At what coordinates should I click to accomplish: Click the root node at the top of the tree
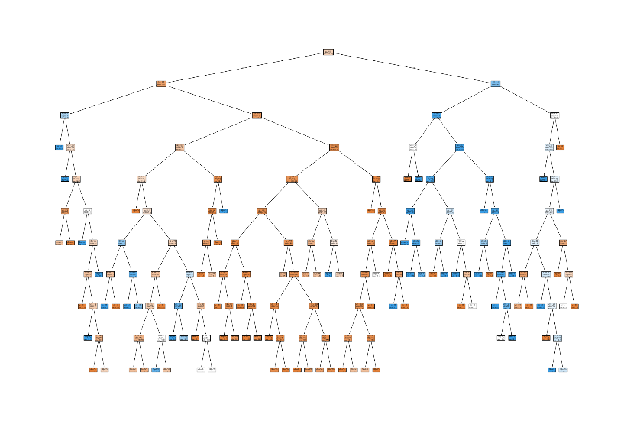point(328,52)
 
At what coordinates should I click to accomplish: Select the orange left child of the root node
point(161,83)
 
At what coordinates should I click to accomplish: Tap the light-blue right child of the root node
point(496,83)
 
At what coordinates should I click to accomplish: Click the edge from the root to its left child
point(244,68)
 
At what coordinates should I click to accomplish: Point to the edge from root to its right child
point(412,68)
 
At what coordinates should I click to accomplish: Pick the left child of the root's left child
point(65,115)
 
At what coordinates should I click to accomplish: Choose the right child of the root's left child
point(257,115)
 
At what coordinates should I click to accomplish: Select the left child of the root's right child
point(436,115)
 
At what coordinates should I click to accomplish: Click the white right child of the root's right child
point(554,115)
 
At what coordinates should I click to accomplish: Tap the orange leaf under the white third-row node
point(560,147)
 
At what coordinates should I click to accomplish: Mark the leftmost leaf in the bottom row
point(93,369)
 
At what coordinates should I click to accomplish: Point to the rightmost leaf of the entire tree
point(574,306)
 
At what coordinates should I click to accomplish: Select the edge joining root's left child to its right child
point(209,99)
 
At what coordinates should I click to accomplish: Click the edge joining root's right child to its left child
point(466,99)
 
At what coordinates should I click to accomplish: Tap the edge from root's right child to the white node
point(525,99)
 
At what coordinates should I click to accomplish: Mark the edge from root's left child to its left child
point(113,99)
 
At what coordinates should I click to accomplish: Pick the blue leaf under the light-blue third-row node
point(59,147)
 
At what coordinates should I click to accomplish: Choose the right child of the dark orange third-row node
point(334,147)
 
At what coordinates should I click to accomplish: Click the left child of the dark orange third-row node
point(179,147)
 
